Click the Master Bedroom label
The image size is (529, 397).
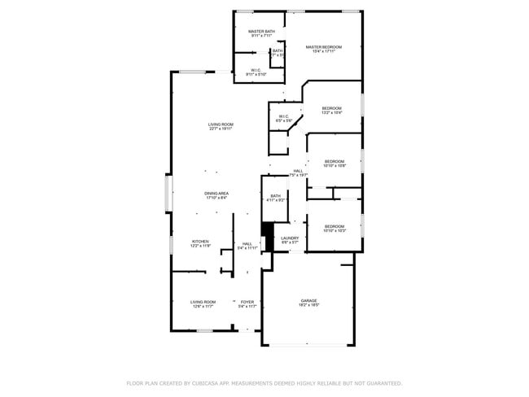pos(323,47)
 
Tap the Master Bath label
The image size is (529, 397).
pos(261,32)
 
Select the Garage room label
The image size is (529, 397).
pos(308,300)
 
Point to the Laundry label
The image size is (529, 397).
pos(290,238)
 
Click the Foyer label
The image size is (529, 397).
pos(247,302)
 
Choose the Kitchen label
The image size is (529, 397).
pos(201,242)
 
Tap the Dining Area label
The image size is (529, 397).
pos(216,194)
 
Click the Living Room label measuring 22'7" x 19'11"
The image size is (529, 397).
pos(221,124)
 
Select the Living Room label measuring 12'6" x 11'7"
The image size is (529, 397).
pos(203,302)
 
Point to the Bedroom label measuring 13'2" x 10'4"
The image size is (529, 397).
pos(331,109)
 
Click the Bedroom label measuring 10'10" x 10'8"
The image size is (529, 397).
pos(334,161)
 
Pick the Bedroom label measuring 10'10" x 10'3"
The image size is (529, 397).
pos(334,226)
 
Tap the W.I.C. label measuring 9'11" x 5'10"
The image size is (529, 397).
pos(256,70)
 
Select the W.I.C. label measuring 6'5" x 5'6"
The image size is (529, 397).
pos(284,116)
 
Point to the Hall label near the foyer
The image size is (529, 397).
pos(247,243)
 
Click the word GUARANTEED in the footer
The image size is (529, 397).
pos(383,382)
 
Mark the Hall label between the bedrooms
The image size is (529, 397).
pos(299,170)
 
